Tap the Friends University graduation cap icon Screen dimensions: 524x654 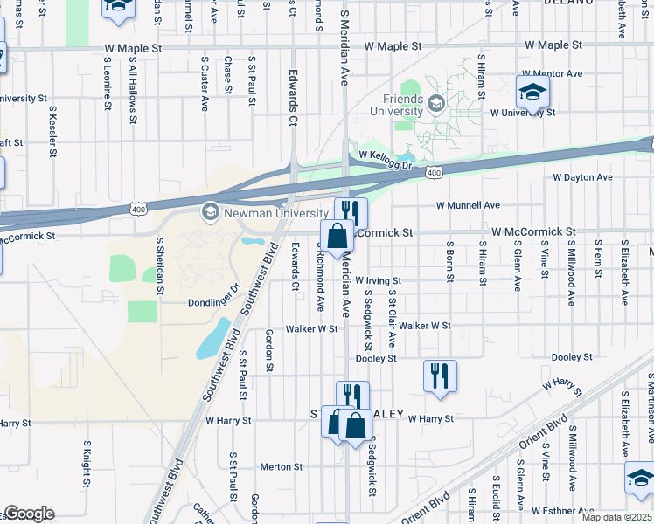[x=435, y=106]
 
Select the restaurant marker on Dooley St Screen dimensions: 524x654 [x=440, y=376]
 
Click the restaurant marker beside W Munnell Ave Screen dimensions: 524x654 [x=351, y=212]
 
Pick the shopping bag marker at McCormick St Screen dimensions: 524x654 [x=337, y=236]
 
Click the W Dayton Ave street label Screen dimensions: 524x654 [x=582, y=177]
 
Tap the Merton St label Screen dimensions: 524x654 [x=281, y=467]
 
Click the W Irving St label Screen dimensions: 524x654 [x=378, y=279]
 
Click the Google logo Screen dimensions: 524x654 [x=29, y=514]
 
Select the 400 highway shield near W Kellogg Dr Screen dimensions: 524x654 [x=435, y=174]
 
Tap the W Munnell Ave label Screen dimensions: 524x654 [x=469, y=205]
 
